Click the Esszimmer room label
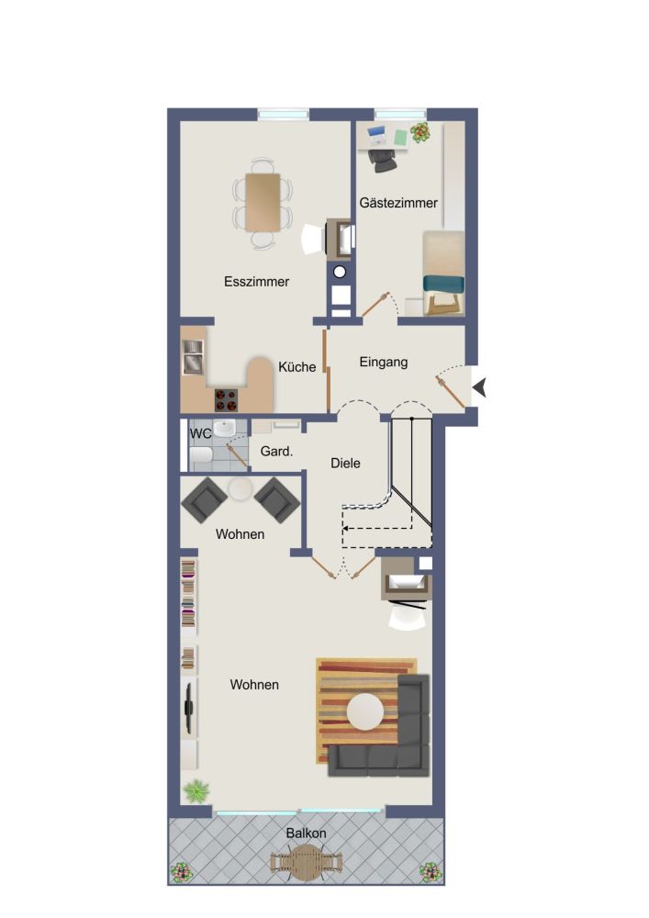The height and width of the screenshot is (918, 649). (256, 282)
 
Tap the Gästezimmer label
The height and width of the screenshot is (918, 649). (398, 203)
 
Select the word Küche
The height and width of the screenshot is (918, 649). (297, 367)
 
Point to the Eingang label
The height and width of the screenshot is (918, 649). (384, 363)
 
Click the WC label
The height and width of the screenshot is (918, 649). (201, 434)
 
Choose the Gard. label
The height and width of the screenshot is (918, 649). (277, 452)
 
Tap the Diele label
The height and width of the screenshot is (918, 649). (345, 463)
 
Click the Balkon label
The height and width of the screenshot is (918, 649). (306, 834)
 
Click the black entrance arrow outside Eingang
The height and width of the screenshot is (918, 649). (480, 387)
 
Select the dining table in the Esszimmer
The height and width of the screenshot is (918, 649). (263, 202)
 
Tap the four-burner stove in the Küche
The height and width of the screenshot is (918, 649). (227, 400)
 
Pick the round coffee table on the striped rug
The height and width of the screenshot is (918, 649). (365, 712)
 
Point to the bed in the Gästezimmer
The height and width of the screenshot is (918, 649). (443, 273)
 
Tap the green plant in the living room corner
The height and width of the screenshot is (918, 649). (196, 791)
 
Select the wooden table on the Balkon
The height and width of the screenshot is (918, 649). (306, 862)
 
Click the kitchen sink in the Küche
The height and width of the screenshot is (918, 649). (193, 356)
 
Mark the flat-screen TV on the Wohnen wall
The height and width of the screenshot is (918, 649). (189, 707)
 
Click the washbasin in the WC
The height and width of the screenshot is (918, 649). (224, 429)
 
